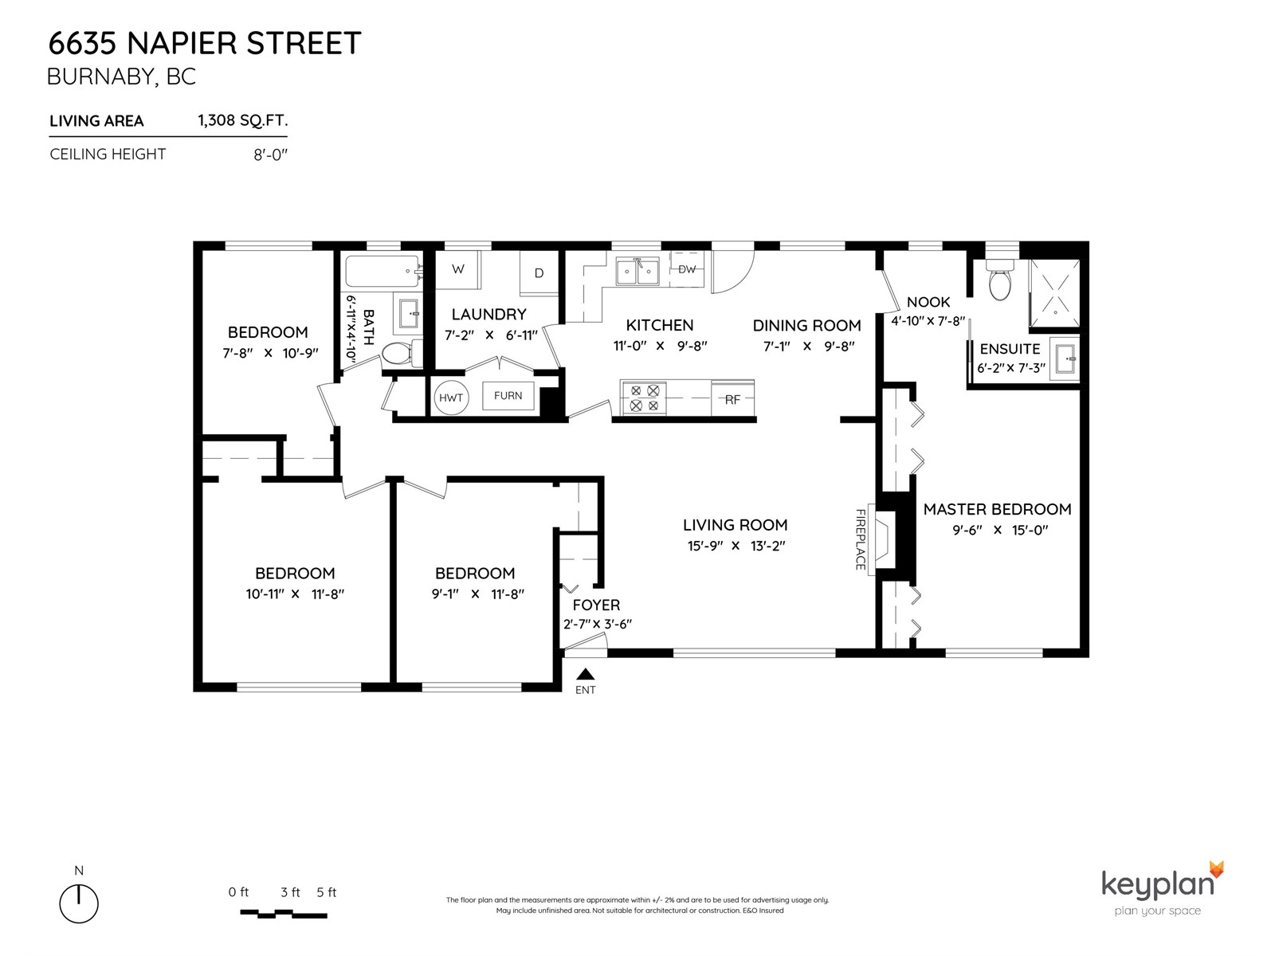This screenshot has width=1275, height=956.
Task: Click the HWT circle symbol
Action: pos(451,398)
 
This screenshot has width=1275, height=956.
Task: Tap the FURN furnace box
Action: pos(508,396)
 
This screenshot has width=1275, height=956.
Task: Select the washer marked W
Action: pos(457,269)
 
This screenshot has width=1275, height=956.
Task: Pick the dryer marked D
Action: pos(539,272)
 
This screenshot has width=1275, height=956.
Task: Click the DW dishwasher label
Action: pos(687,268)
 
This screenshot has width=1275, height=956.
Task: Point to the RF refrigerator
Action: pos(732,399)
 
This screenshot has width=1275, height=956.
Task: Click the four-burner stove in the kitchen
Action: pos(644,398)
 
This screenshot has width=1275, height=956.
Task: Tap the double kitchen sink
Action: pos(637,272)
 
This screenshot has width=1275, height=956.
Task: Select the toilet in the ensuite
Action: pos(999,280)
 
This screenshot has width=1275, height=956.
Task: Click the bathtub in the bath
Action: pos(382,271)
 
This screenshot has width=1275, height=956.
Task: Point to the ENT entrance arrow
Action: pos(586,674)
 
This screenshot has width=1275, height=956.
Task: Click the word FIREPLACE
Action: pos(861,540)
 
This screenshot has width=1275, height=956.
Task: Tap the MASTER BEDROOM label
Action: pos(998,509)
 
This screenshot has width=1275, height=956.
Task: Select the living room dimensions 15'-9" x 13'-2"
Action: pos(736,546)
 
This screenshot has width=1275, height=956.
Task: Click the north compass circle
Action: pos(79,903)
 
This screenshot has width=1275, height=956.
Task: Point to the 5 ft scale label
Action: pos(327,892)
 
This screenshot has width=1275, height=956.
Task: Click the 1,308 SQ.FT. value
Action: pos(243,120)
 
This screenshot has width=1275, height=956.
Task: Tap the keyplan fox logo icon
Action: pos(1216,869)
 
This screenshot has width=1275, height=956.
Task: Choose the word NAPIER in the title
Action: pos(182,44)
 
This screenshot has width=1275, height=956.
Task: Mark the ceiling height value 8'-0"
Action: pos(271,155)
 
